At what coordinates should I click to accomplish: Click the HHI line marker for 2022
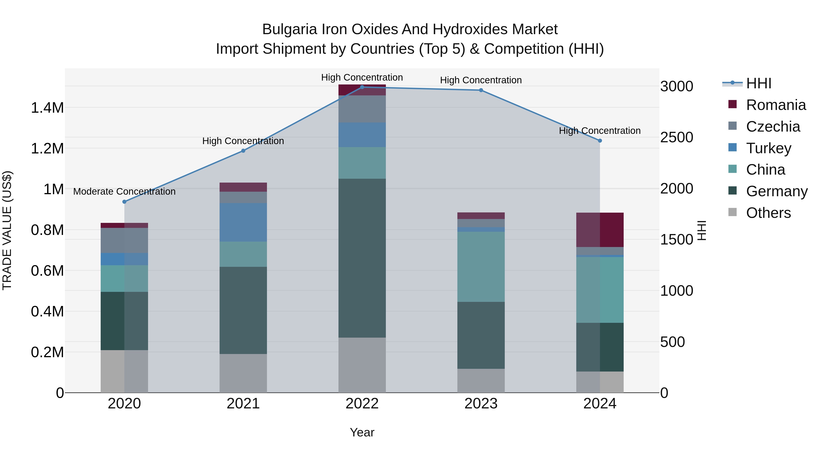[x=362, y=87]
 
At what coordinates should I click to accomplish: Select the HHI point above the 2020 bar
[x=124, y=202]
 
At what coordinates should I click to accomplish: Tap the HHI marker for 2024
[x=600, y=141]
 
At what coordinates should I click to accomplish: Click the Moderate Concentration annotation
[x=124, y=191]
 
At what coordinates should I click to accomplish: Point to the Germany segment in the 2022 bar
[x=362, y=258]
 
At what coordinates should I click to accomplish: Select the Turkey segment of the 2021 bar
[x=243, y=222]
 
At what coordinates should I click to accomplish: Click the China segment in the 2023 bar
[x=481, y=267]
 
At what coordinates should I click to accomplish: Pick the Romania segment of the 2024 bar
[x=600, y=230]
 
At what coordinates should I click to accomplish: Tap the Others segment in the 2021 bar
[x=243, y=373]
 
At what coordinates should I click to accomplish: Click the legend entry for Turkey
[x=769, y=148]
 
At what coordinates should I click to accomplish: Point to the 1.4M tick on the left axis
[x=47, y=108]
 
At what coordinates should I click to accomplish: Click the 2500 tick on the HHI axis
[x=676, y=138]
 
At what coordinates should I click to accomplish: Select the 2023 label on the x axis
[x=481, y=404]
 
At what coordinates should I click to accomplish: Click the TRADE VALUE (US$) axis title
[x=7, y=230]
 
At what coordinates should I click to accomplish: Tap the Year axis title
[x=362, y=432]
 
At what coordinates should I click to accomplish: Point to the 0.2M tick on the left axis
[x=47, y=352]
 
